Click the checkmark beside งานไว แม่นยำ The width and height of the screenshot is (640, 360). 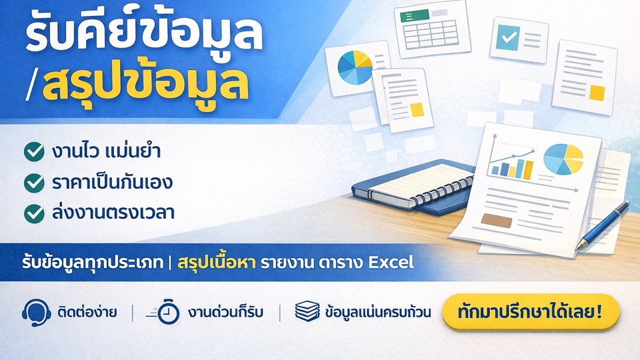[x=34, y=151]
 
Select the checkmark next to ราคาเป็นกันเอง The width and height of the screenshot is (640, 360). [x=34, y=183]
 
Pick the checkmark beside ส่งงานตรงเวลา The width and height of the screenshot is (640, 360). [x=34, y=213]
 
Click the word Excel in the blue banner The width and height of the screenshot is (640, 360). [x=391, y=263]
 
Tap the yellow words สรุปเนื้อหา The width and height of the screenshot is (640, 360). [x=217, y=263]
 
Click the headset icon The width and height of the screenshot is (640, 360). [x=36, y=313]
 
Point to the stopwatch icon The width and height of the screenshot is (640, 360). [x=164, y=313]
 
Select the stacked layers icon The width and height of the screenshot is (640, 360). [x=307, y=311]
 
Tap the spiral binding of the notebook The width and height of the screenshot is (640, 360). [x=443, y=191]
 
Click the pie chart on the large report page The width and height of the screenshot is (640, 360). [x=563, y=159]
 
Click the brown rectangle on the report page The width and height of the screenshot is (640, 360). [x=496, y=221]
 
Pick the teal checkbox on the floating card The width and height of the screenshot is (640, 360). [x=508, y=37]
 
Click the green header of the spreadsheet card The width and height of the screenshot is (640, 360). [x=414, y=16]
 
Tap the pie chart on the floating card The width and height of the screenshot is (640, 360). [x=355, y=67]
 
